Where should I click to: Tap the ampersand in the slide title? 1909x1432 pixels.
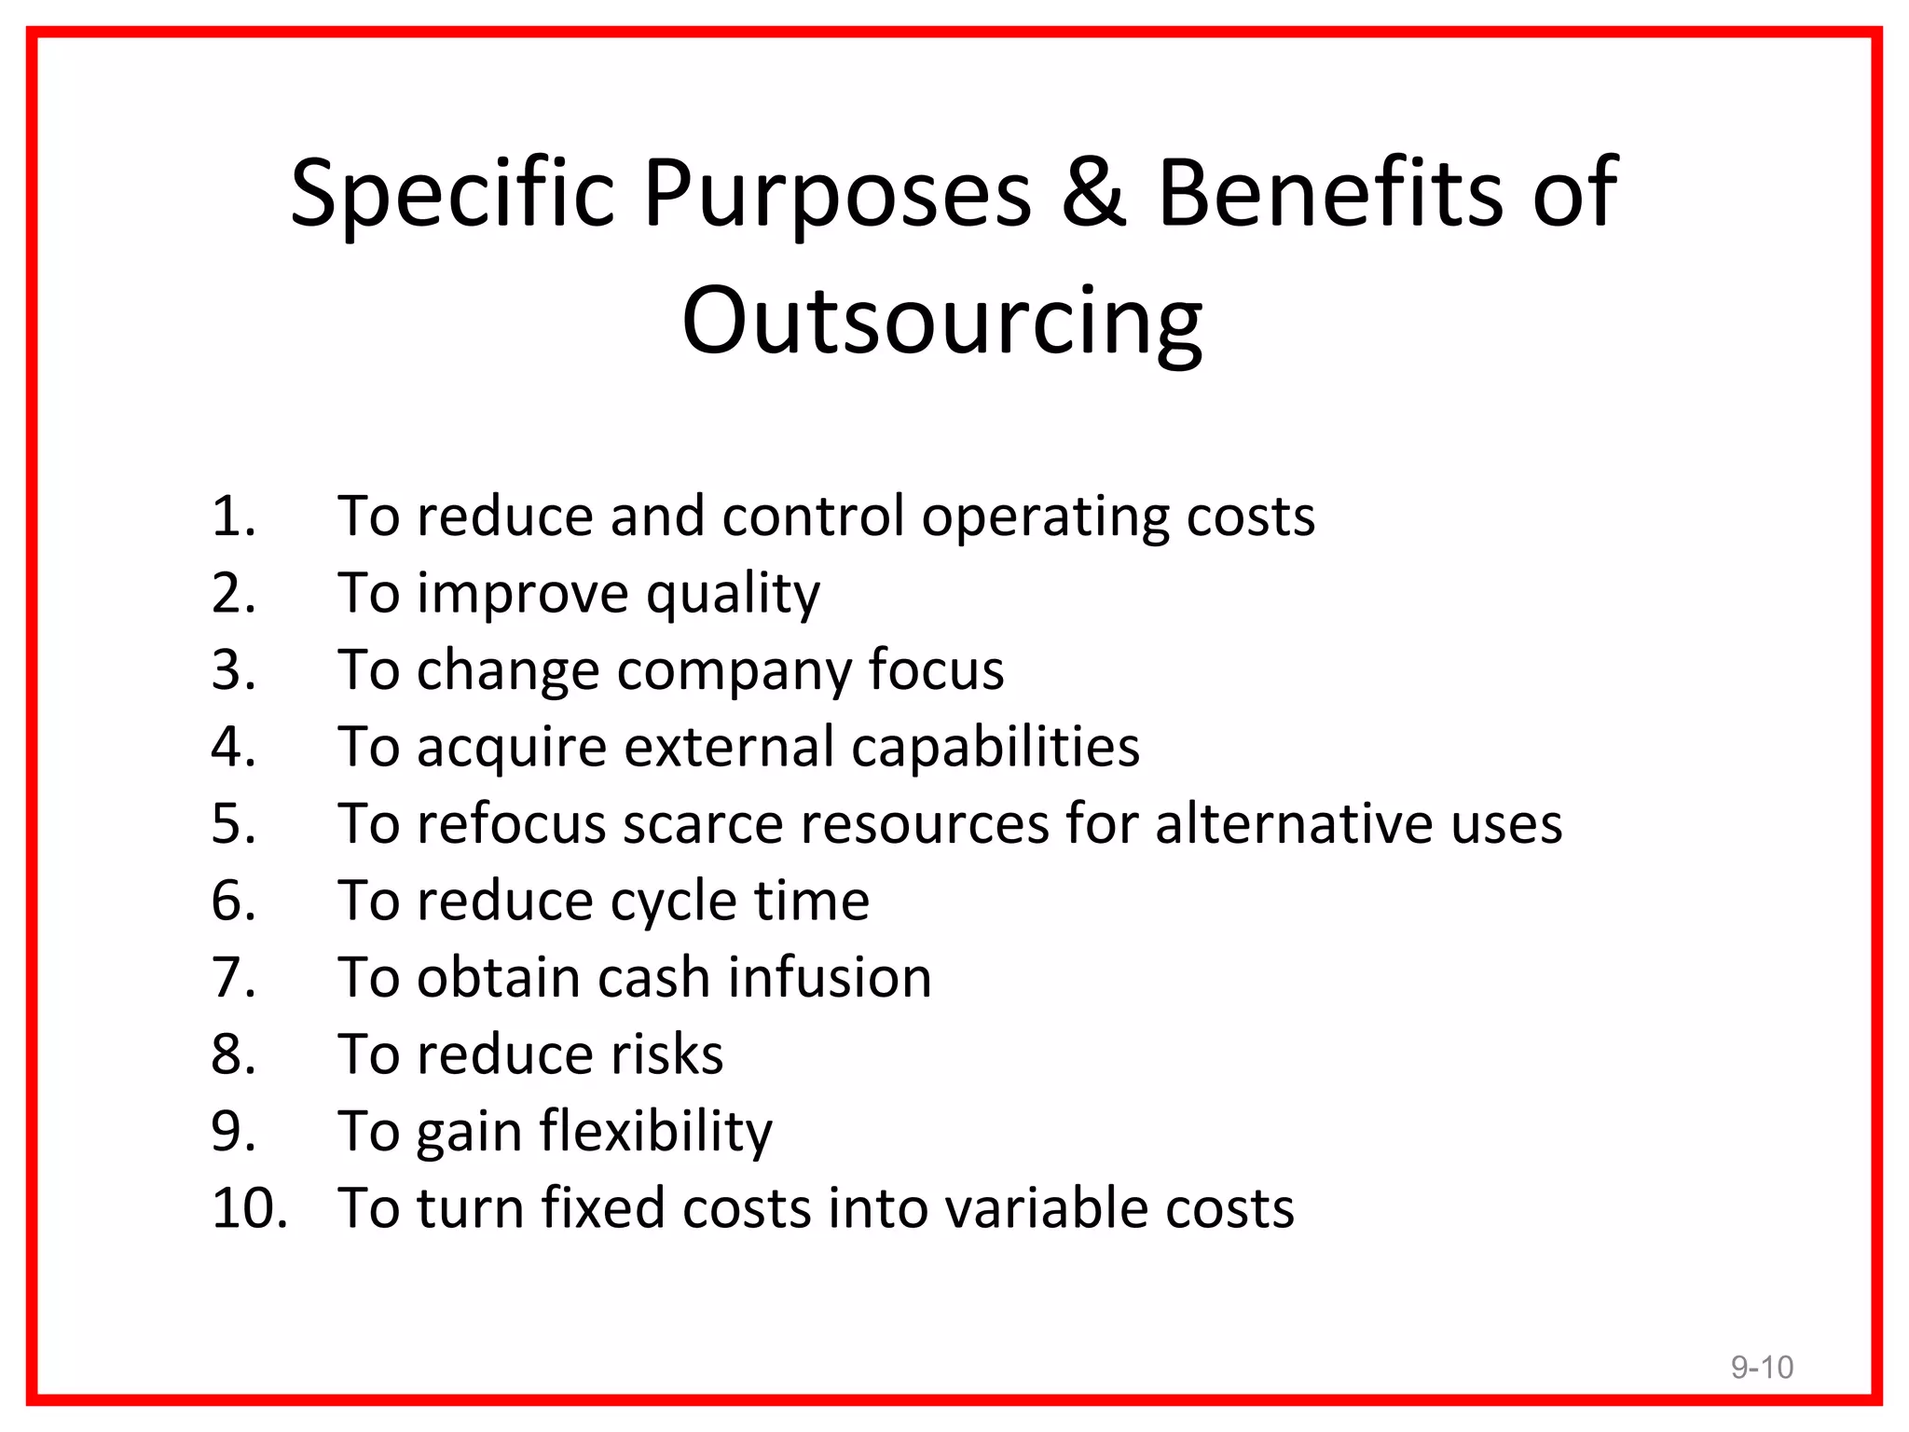[1094, 193]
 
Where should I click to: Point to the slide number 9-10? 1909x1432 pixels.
[1762, 1367]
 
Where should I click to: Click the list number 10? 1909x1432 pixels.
[248, 1207]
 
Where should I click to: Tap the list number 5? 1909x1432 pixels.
[233, 823]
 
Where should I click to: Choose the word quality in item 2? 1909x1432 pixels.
[734, 595]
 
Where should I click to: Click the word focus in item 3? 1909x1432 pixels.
[936, 669]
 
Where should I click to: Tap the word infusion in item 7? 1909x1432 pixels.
[830, 977]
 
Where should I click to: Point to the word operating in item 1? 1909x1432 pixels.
[1045, 518]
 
